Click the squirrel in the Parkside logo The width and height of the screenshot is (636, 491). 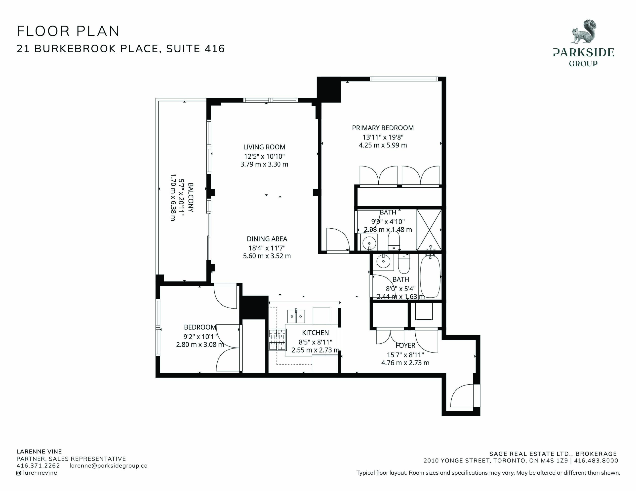[583, 32]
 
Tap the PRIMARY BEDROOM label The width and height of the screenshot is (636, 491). [383, 128]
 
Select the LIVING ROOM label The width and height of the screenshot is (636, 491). [264, 147]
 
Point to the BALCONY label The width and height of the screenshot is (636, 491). [191, 197]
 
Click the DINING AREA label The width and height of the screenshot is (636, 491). [267, 239]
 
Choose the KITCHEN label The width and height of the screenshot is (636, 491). [315, 333]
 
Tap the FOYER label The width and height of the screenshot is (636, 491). [405, 346]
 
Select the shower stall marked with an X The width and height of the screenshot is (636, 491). [429, 230]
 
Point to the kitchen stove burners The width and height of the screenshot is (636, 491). [277, 339]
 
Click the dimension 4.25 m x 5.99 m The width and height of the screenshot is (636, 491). [383, 145]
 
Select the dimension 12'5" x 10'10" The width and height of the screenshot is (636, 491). [264, 156]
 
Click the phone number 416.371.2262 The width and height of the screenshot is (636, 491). [38, 465]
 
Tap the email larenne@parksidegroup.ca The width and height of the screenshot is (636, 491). [109, 466]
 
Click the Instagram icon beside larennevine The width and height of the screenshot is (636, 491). [19, 473]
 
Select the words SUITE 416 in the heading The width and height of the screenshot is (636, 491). [196, 49]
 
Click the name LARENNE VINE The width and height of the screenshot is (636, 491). [39, 452]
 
